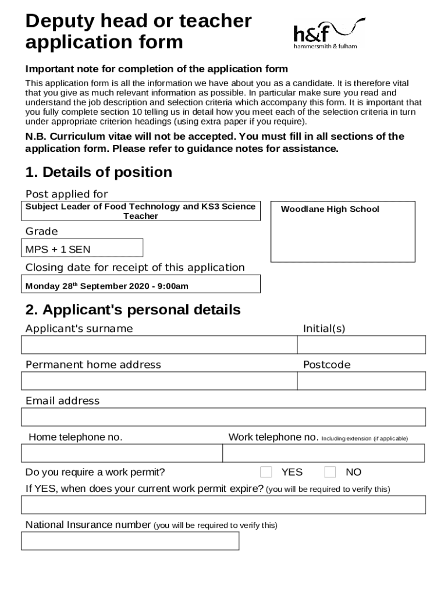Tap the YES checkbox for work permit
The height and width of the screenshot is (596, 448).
coord(266,471)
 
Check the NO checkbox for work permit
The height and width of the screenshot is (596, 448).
coord(330,471)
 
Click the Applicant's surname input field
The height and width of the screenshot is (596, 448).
coord(159,345)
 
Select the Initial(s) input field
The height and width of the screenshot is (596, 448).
coord(361,345)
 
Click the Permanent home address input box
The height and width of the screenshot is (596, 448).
coord(159,381)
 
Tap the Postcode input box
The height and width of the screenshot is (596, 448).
coord(361,381)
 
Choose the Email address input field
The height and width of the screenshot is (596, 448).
coord(223,417)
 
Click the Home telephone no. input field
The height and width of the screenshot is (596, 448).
coord(122,453)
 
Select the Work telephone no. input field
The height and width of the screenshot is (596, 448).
coord(323,453)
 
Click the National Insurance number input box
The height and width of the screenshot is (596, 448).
coord(130,541)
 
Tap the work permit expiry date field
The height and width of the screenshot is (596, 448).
coord(223,505)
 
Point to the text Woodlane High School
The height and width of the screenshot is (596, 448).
coord(330,209)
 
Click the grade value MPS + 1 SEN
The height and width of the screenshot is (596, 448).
coord(58,250)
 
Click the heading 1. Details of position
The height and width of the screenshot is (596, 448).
coord(98,172)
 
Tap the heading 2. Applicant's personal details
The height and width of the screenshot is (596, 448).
coord(133,310)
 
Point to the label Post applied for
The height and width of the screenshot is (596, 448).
coord(66,194)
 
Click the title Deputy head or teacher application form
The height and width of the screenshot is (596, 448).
coord(138,31)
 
